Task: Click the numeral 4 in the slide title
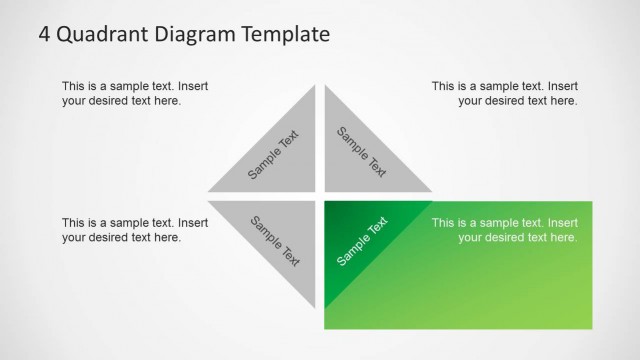[x=45, y=35]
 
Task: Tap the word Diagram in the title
[x=188, y=36]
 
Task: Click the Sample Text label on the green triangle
[x=362, y=241]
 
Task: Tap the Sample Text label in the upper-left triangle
[x=273, y=155]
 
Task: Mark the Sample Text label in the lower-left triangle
[x=275, y=241]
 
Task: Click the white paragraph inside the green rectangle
[x=505, y=230]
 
